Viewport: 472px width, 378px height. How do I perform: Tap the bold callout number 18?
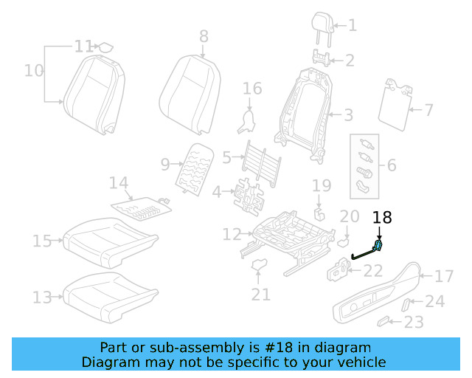(382, 218)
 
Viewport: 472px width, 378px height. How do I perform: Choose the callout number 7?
(428, 111)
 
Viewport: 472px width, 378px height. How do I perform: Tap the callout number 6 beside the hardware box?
(391, 165)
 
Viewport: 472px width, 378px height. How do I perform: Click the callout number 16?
(252, 89)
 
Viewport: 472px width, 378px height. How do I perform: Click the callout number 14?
(119, 182)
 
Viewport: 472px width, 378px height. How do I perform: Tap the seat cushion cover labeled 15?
(111, 239)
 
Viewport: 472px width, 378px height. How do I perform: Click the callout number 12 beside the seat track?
(232, 235)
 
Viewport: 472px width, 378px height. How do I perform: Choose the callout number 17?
(444, 277)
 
